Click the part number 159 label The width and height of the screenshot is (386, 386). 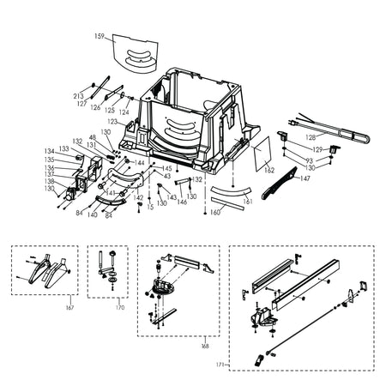[100, 36]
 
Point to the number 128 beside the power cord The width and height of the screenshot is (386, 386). [310, 137]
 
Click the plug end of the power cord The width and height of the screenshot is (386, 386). [295, 124]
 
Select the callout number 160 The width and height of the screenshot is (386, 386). [215, 211]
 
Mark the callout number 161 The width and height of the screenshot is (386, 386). [249, 201]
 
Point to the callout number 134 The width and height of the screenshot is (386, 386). [50, 151]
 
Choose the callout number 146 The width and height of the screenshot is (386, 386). [182, 201]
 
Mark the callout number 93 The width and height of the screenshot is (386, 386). [309, 160]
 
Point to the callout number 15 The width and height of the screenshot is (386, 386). [150, 207]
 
